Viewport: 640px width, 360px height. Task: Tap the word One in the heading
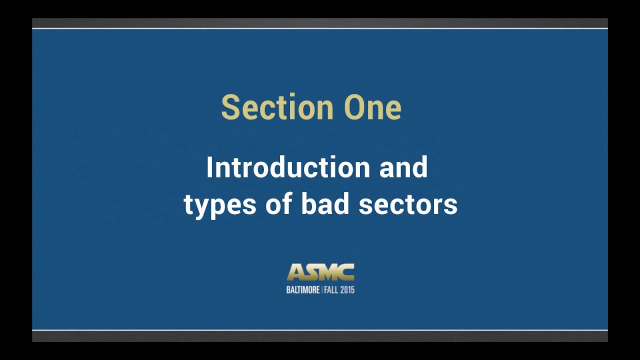(x=372, y=107)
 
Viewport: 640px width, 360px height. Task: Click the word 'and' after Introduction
(x=403, y=167)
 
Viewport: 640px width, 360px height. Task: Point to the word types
(x=220, y=205)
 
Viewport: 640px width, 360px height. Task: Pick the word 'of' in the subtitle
(x=279, y=205)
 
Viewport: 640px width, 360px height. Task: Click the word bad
(x=325, y=205)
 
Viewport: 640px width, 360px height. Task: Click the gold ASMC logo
(x=320, y=272)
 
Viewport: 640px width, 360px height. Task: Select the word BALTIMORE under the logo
(x=303, y=290)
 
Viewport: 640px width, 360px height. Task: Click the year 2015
(x=347, y=290)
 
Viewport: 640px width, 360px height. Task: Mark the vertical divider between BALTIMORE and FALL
(x=322, y=290)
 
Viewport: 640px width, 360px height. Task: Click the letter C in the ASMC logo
(x=346, y=273)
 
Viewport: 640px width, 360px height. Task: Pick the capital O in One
(x=355, y=107)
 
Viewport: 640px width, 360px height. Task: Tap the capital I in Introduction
(x=210, y=167)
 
